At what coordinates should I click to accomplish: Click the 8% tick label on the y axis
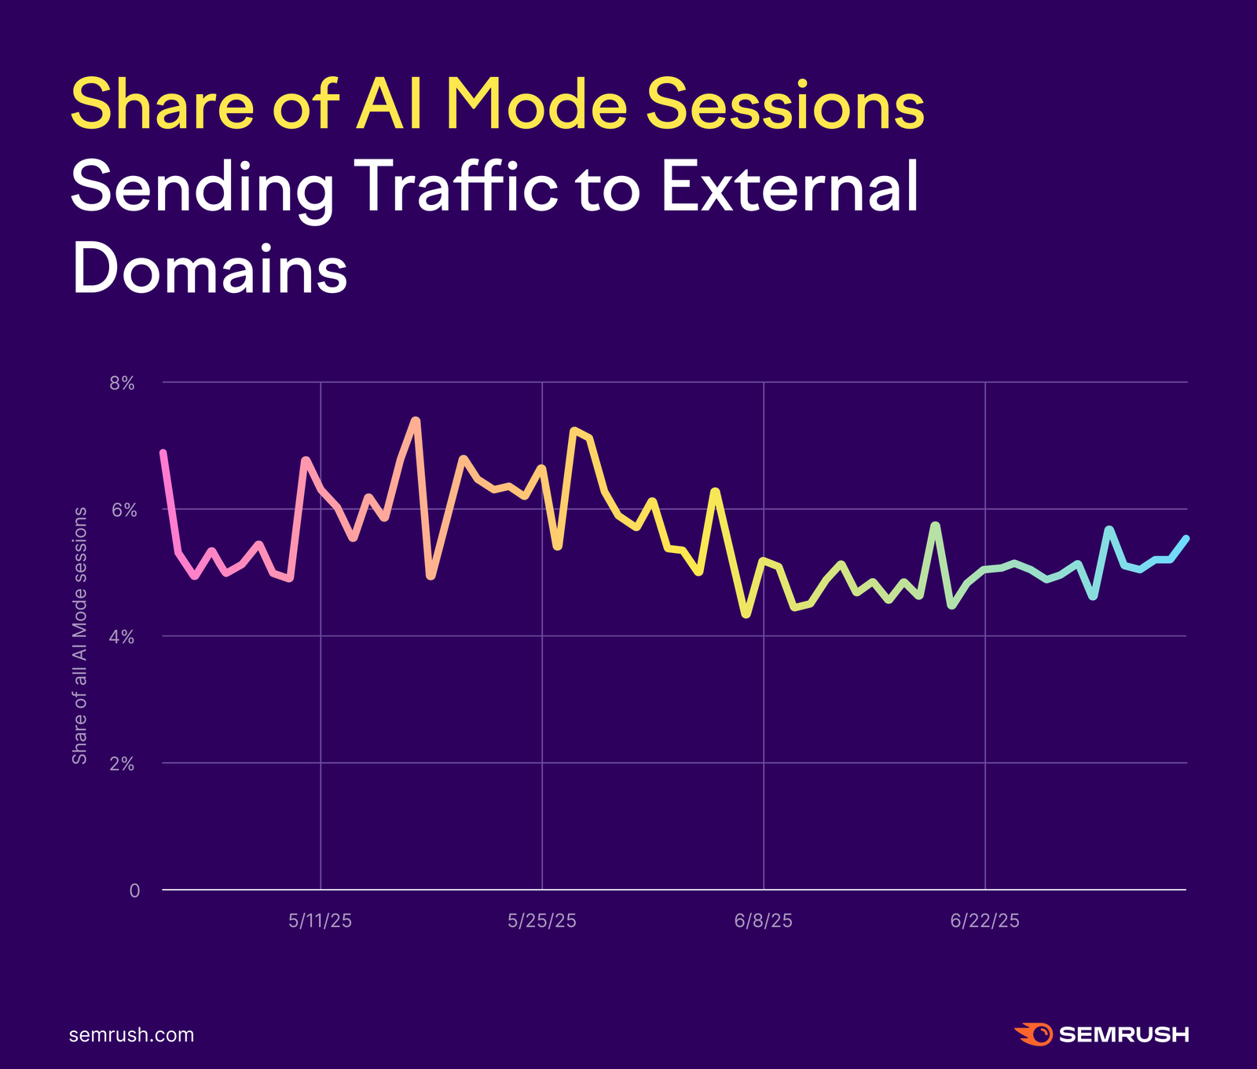point(122,383)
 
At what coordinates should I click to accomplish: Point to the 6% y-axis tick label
point(122,511)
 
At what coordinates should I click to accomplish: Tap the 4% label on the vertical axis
point(122,637)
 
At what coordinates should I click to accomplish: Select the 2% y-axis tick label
point(122,764)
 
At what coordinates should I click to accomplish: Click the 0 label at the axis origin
point(134,891)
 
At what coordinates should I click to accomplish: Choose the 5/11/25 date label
point(320,921)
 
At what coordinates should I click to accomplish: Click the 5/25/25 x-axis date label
point(541,921)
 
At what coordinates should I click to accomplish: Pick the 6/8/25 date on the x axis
point(763,921)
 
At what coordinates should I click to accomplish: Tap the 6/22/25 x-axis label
point(984,921)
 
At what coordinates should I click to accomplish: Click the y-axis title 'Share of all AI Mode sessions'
point(79,635)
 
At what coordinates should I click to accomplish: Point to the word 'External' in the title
point(789,187)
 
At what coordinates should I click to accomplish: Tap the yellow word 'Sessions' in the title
point(785,104)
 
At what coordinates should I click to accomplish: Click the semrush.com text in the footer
point(131,1034)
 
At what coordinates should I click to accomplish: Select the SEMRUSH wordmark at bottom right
point(1123,1034)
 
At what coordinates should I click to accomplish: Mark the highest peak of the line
point(416,421)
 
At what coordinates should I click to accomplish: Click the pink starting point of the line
point(163,453)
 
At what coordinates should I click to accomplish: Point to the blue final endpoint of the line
point(1186,538)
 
